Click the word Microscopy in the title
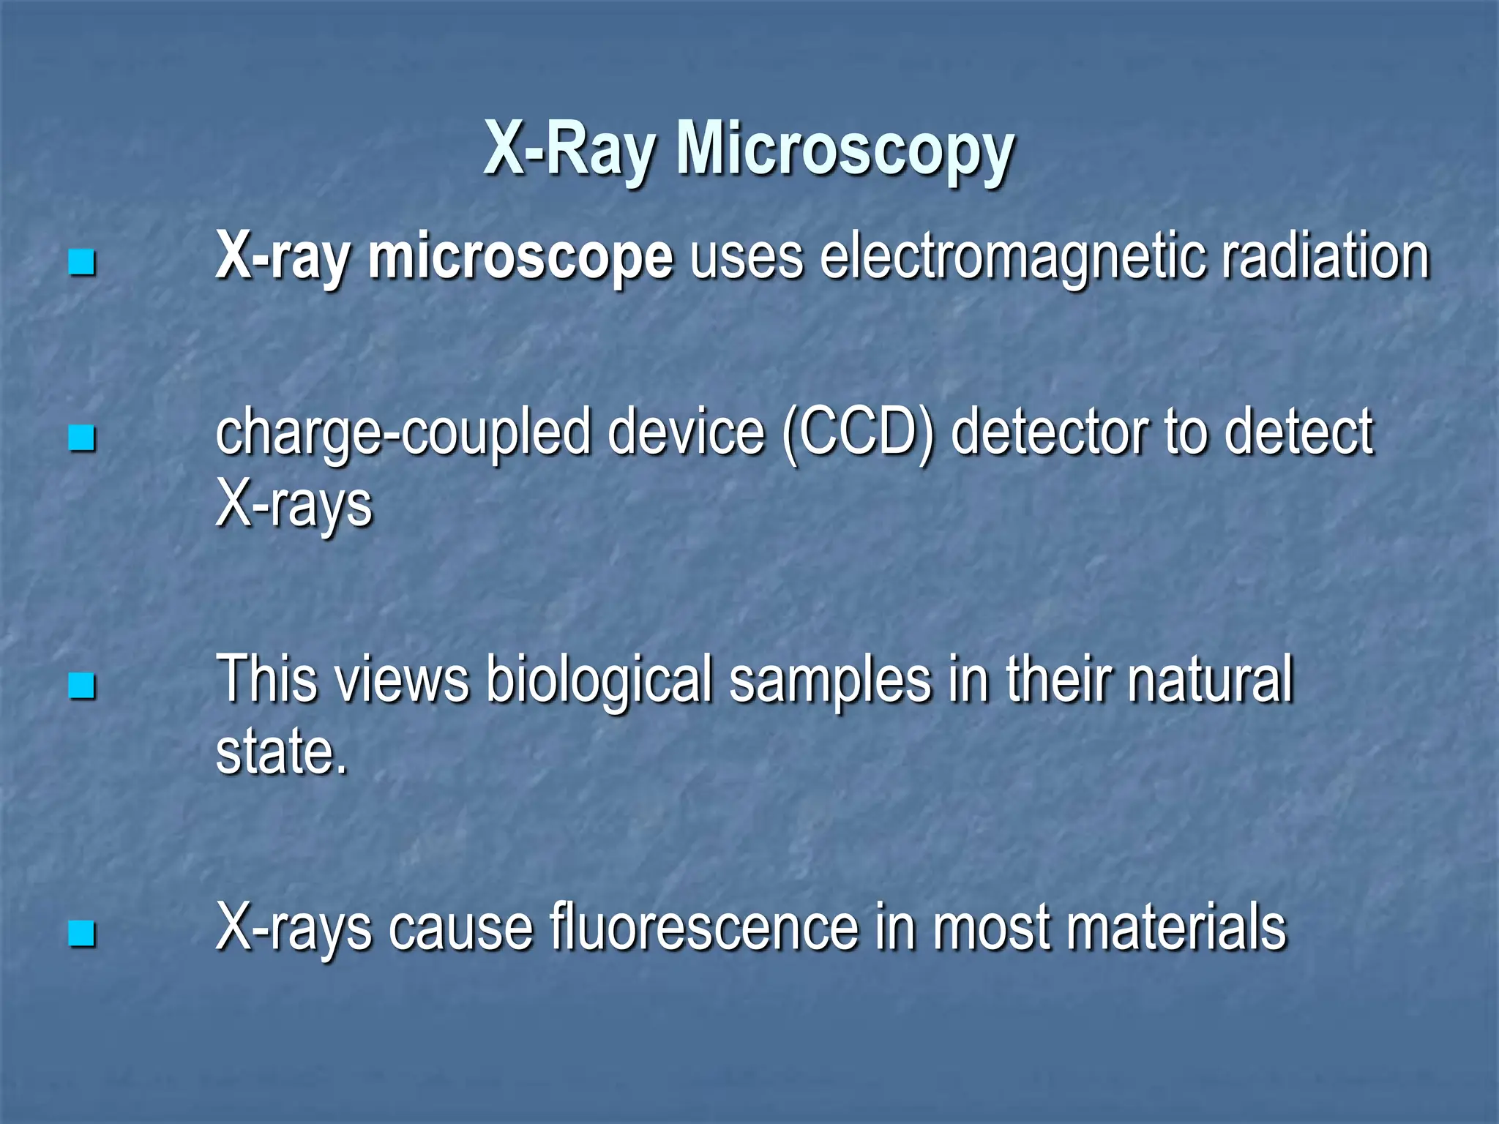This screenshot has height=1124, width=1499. [x=845, y=150]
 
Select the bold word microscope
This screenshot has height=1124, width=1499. [x=520, y=258]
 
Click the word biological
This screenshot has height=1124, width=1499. [x=599, y=681]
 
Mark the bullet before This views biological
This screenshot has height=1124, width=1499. [x=81, y=686]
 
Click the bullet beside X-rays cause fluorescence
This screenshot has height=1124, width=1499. [x=81, y=933]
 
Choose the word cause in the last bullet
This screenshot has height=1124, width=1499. [x=460, y=928]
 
